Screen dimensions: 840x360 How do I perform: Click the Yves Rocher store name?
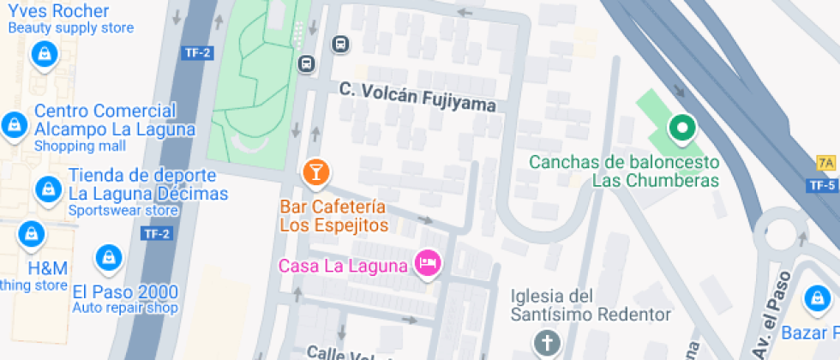coord(58,12)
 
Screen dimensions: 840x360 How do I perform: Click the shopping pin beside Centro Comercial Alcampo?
coord(13,125)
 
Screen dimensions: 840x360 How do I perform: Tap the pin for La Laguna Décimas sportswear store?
coord(47,188)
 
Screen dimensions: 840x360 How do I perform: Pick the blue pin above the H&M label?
coord(32,233)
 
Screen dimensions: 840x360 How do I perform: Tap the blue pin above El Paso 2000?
coord(108,255)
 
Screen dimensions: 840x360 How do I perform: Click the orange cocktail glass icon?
coord(315,172)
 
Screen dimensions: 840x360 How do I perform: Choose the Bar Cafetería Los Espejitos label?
coord(334,217)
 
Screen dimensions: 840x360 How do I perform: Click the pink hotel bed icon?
coord(427,262)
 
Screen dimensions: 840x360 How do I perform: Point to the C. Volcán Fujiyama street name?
coord(417,97)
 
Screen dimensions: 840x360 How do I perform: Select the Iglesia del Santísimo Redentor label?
coord(591,305)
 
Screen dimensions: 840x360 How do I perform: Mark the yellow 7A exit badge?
coord(826,163)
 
